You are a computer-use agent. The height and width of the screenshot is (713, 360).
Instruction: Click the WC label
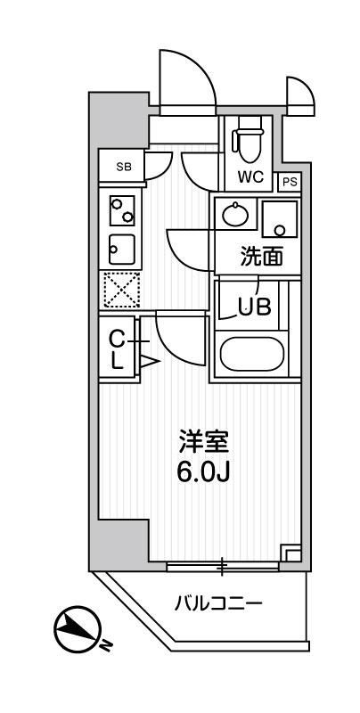pos(250,176)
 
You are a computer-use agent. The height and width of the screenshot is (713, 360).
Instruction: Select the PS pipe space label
pos(289,181)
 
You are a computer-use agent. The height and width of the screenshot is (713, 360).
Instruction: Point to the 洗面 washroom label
pos(262,258)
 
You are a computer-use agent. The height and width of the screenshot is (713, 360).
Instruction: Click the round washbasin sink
pos(236,215)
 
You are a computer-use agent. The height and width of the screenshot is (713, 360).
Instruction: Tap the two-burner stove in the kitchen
pos(120,212)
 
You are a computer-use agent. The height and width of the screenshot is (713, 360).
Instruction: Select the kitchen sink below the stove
pos(120,245)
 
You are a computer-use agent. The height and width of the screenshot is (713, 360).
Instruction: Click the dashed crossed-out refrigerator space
pos(120,288)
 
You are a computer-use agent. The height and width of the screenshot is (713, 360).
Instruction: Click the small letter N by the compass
pos(106,644)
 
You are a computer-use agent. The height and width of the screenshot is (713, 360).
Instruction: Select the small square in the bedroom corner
pos(289,553)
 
